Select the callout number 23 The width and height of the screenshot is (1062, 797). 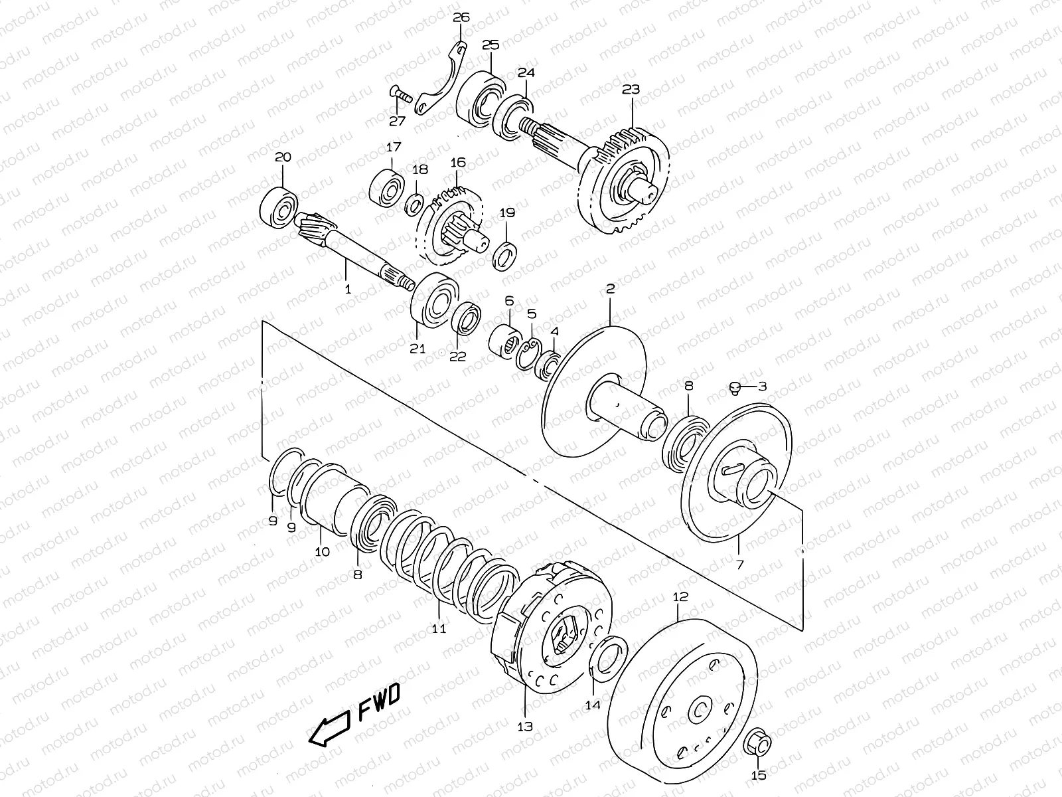pos(631,89)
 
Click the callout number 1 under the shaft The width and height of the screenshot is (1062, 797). pos(346,290)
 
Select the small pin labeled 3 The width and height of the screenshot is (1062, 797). pos(735,387)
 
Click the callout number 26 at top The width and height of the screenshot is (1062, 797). pos(461,17)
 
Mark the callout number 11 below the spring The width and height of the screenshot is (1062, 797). pos(439,628)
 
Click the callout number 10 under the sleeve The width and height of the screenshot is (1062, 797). pos(322,551)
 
